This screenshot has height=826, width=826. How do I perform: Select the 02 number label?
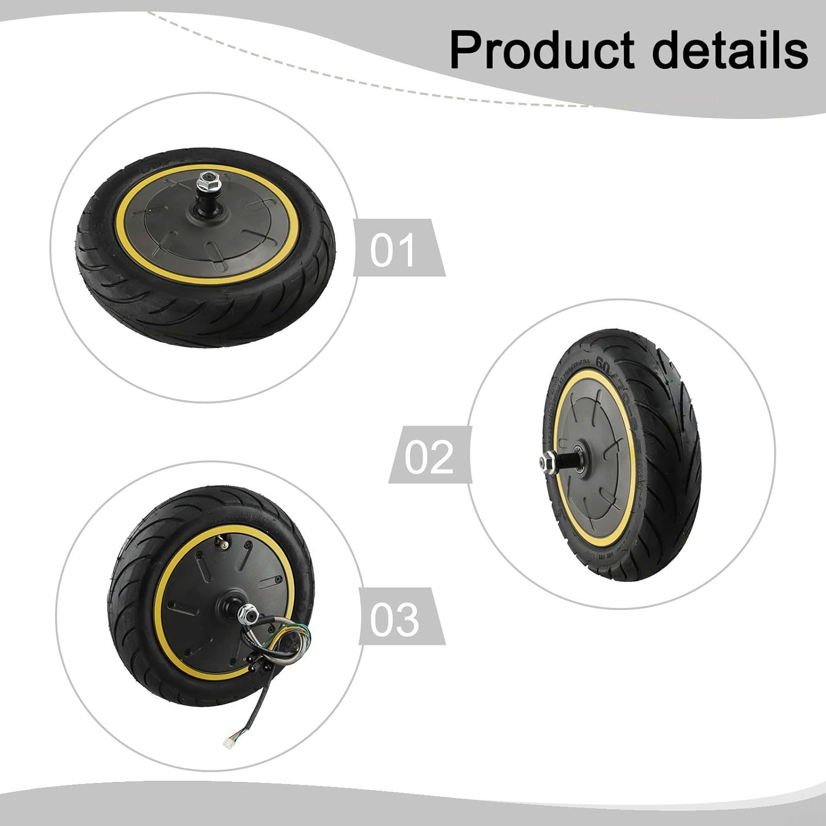point(428,457)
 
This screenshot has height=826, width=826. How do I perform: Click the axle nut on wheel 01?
point(209,178)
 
